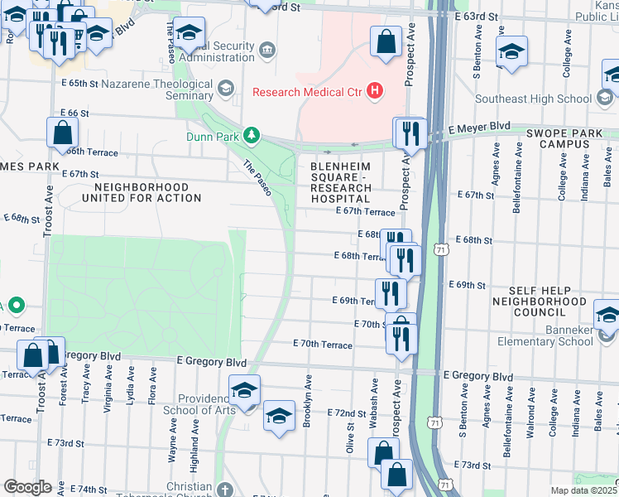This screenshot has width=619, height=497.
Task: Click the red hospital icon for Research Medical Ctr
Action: pos(376,91)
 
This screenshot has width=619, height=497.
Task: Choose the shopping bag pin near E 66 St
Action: pos(62,133)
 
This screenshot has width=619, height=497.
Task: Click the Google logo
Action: pos(27,487)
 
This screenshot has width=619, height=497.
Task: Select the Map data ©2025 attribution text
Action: pos(583,490)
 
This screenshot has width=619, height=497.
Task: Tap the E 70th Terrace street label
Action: pos(323,344)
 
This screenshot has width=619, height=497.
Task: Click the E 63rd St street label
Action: pos(477,17)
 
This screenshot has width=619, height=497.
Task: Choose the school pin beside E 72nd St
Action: pos(279,416)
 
